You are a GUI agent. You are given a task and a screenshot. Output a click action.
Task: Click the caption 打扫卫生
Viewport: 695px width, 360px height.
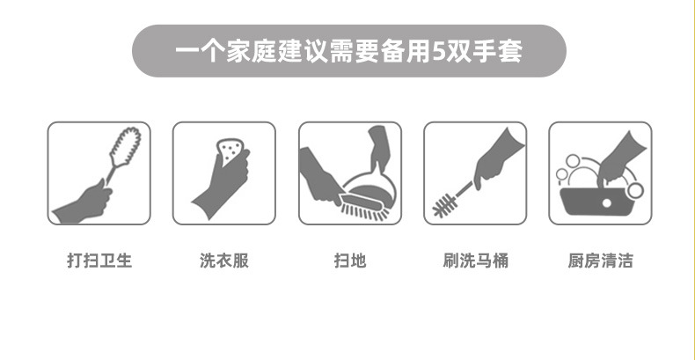click(99, 261)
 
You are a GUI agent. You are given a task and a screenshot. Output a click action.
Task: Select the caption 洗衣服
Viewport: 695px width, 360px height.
click(223, 261)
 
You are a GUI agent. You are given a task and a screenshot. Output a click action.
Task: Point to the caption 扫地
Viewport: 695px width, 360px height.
click(349, 261)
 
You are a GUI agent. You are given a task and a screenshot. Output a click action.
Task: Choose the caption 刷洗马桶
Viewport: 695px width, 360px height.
click(475, 261)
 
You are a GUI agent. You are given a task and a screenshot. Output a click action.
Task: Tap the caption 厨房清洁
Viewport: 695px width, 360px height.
click(600, 261)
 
